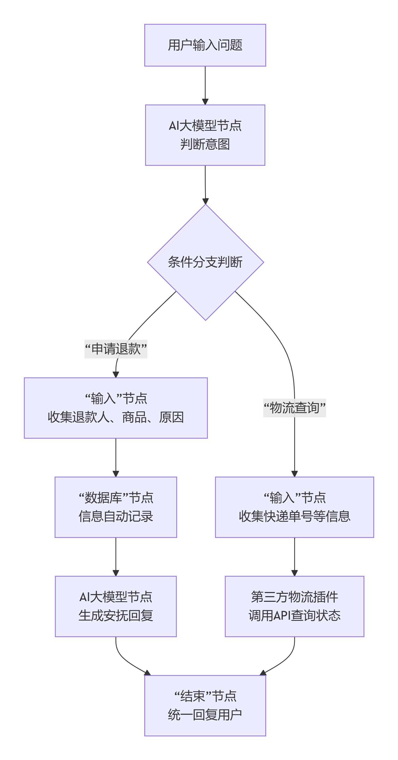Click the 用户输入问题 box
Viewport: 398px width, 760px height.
[x=205, y=45]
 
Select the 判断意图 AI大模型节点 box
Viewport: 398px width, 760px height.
[x=205, y=135]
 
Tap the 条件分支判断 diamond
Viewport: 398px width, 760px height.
[x=205, y=262]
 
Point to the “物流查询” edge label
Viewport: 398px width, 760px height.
[x=294, y=408]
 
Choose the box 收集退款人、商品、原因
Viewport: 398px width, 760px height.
[x=116, y=408]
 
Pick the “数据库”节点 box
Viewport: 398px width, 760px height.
[x=116, y=507]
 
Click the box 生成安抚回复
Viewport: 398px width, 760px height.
[x=116, y=606]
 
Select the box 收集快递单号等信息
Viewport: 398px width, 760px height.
[x=294, y=507]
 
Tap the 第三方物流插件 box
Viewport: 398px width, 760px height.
[x=294, y=606]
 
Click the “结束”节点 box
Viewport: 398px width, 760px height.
[x=205, y=705]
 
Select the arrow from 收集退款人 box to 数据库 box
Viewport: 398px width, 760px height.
[x=116, y=457]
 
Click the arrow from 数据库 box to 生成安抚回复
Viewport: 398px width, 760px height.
[x=116, y=556]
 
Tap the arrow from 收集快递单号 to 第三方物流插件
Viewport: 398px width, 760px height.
[x=294, y=556]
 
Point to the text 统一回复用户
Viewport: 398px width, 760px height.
[x=205, y=715]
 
